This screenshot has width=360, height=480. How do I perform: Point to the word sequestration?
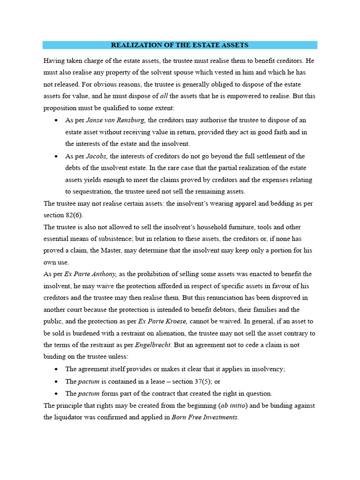point(89,191)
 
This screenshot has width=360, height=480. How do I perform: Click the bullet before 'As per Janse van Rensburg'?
point(56,120)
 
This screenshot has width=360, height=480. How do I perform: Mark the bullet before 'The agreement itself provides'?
point(56,369)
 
